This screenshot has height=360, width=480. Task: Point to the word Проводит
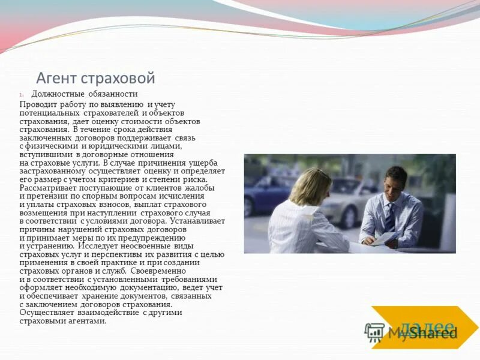click(x=38, y=104)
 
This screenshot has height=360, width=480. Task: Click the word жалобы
click(x=201, y=188)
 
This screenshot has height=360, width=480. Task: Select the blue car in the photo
click(x=264, y=192)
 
